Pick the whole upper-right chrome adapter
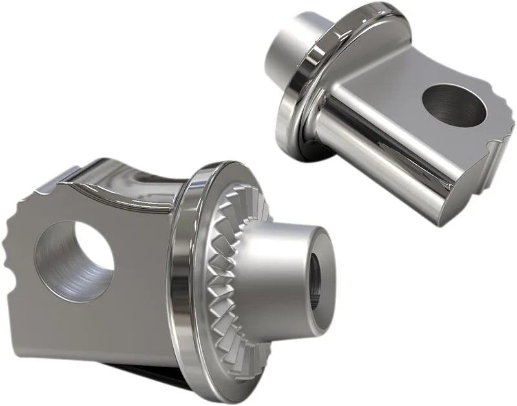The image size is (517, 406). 381,110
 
